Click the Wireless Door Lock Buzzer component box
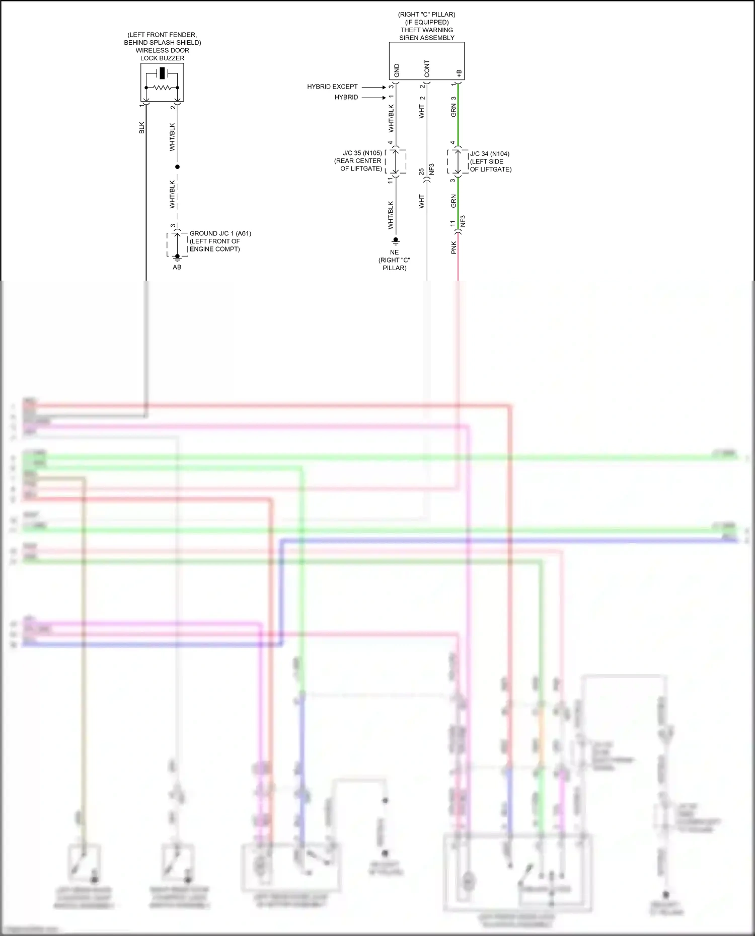pyautogui.click(x=162, y=83)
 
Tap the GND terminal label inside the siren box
pyautogui.click(x=397, y=70)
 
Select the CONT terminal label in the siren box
pyautogui.click(x=427, y=69)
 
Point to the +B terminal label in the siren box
pyautogui.click(x=459, y=73)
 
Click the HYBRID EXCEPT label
pyautogui.click(x=332, y=87)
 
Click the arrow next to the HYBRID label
pyautogui.click(x=373, y=98)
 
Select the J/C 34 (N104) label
pyautogui.click(x=490, y=154)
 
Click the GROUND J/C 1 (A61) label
pyautogui.click(x=220, y=233)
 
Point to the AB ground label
pyautogui.click(x=177, y=267)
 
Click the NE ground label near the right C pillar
pyautogui.click(x=394, y=252)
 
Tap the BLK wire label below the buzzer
pyautogui.click(x=142, y=128)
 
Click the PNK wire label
pyautogui.click(x=454, y=247)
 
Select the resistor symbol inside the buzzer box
pyautogui.click(x=162, y=88)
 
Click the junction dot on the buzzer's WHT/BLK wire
pyautogui.click(x=177, y=166)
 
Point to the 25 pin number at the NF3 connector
pyautogui.click(x=421, y=172)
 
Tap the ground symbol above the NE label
pyautogui.click(x=396, y=241)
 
